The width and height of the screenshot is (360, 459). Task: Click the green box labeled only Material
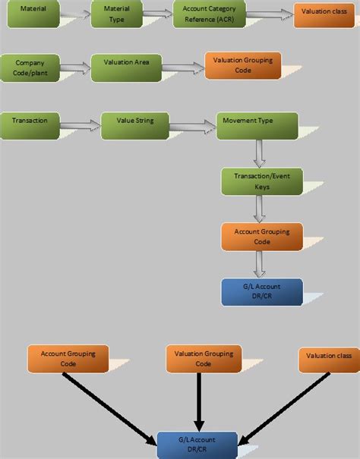tap(33, 14)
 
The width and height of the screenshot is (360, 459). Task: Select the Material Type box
tap(117, 14)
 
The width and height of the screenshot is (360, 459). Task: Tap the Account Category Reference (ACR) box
tap(210, 14)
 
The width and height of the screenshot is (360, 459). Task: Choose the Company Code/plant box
tap(30, 68)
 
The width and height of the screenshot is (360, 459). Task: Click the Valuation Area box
tap(126, 68)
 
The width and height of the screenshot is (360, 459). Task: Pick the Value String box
tap(135, 126)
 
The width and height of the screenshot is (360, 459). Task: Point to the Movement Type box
tap(257, 126)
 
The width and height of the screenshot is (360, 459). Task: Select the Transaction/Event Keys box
tap(262, 181)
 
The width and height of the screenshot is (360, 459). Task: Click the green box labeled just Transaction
tap(30, 126)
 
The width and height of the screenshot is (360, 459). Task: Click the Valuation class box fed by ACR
tap(324, 15)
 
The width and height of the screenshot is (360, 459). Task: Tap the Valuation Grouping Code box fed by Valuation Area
tap(243, 65)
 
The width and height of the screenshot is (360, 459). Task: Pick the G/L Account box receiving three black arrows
tap(197, 445)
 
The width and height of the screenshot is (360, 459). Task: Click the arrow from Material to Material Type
tap(76, 14)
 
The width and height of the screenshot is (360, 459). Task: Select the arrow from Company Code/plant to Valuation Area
tap(76, 68)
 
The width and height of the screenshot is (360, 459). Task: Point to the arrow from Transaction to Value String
tap(81, 126)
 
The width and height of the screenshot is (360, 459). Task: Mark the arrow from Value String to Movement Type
tap(193, 127)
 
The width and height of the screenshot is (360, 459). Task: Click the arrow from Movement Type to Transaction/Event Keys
tap(260, 154)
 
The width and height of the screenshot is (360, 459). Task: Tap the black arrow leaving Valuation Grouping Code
tap(199, 402)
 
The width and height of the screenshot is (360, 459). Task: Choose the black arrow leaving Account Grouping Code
tap(109, 409)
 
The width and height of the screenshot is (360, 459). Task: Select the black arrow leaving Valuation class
tap(284, 409)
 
